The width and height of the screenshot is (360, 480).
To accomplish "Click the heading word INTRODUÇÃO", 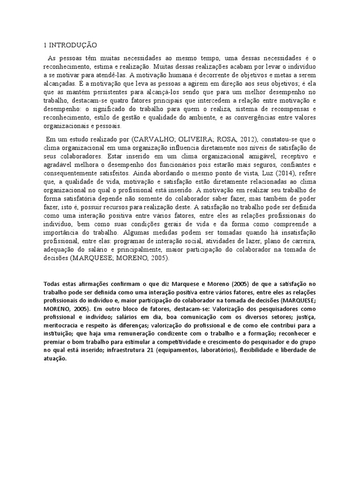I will (x=72, y=45).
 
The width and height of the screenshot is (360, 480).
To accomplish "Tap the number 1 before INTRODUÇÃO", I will (x=45, y=45).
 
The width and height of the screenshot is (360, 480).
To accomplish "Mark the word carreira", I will (x=301, y=241).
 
